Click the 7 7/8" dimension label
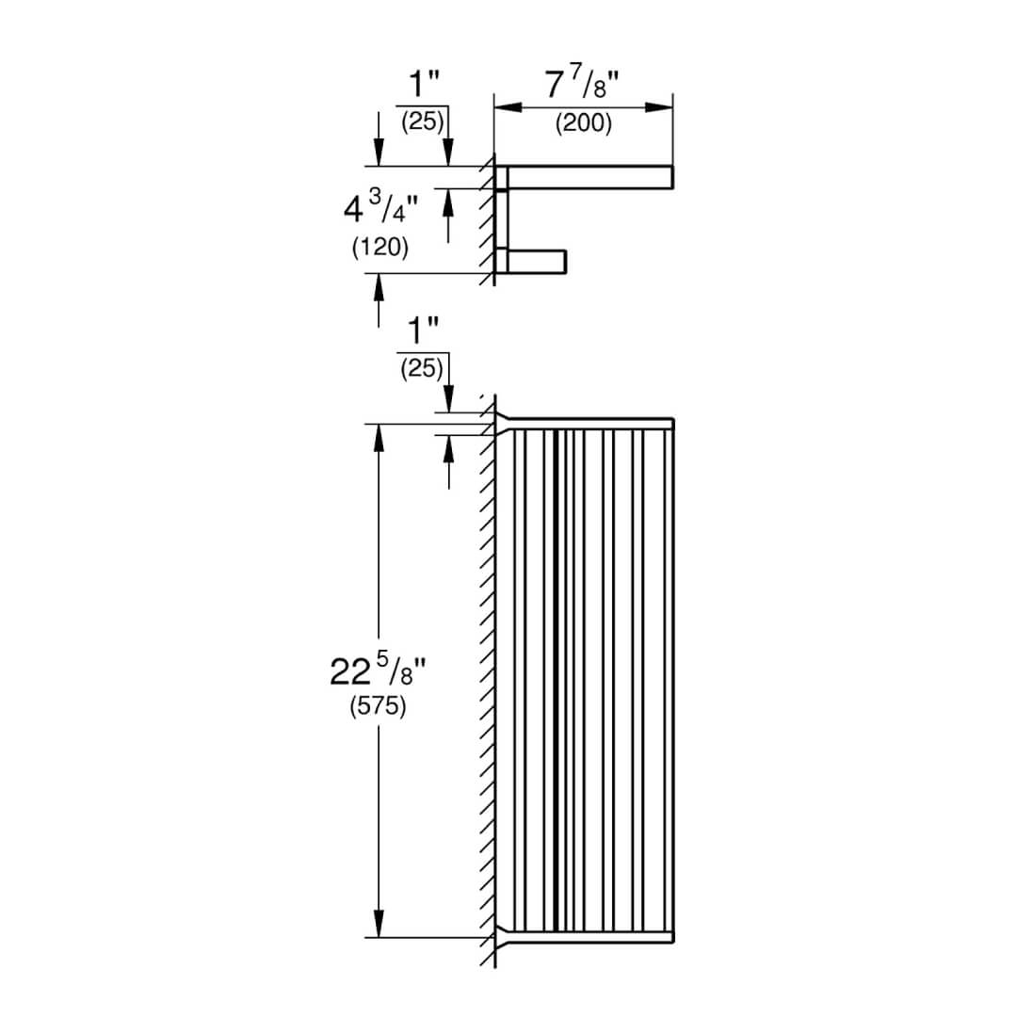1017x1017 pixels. (582, 85)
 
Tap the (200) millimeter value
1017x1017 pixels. (583, 122)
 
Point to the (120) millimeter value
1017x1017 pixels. (380, 247)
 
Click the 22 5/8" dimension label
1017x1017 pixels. (379, 670)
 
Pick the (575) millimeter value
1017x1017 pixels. (379, 705)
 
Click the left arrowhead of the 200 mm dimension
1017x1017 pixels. (508, 107)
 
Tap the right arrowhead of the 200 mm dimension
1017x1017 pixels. (659, 107)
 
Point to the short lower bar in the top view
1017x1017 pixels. (537, 262)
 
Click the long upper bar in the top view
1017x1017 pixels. (589, 178)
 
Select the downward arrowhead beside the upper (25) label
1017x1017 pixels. (448, 153)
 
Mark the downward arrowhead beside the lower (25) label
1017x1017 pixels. (448, 399)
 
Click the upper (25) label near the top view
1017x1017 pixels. (422, 121)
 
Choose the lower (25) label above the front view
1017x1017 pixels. (422, 368)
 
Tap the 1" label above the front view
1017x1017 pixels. (422, 331)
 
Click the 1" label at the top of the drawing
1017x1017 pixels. (424, 84)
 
